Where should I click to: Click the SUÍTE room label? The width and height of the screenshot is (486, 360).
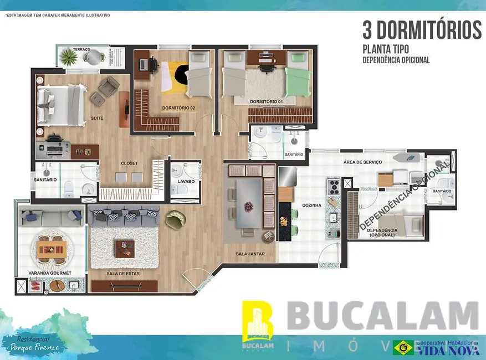coord(96,118)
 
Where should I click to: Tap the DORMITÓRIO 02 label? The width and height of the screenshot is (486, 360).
coord(178,107)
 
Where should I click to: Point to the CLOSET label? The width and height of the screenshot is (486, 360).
coord(129,163)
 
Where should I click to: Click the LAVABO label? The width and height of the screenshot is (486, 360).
coord(186,181)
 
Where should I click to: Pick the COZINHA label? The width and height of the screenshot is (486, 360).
coord(312,205)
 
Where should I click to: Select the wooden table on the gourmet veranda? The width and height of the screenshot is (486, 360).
coord(52,249)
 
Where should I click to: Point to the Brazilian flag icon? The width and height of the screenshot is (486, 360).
coord(403,347)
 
